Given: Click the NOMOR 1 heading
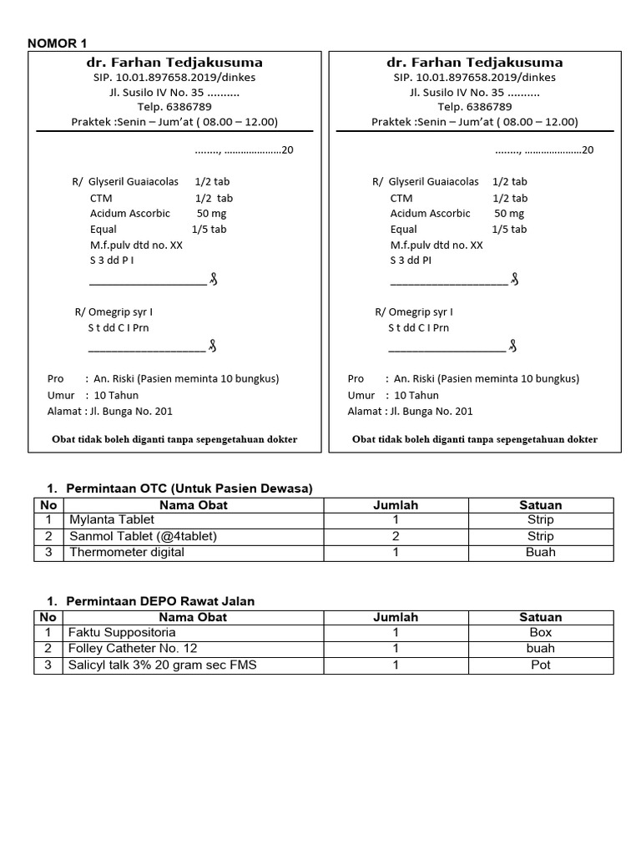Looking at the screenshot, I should (57, 43).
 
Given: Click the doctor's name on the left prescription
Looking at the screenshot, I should (174, 63).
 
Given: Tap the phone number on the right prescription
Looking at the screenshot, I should (474, 107).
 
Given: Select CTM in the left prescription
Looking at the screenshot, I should (101, 198).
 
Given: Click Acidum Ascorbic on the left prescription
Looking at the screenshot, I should (130, 214).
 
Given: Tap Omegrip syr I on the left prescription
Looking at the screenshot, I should (114, 312).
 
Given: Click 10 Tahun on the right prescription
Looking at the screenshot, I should (416, 395).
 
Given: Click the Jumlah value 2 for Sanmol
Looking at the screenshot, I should (396, 536).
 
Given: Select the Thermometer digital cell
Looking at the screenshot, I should (127, 552).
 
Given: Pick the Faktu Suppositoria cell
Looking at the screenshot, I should (121, 633).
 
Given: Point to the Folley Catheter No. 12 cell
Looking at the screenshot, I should (134, 649).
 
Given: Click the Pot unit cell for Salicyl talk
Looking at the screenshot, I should (541, 665).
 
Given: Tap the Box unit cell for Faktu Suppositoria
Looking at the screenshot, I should (541, 633).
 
